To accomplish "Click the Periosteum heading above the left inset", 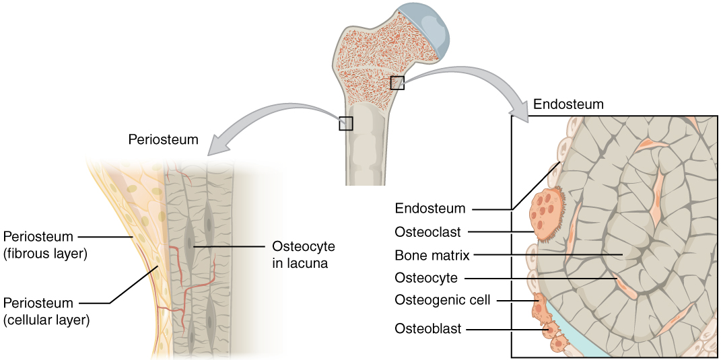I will coord(163,140).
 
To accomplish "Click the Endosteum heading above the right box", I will coord(568,104).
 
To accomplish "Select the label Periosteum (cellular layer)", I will coord(46,311).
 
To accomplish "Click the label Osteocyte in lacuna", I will coord(303,254).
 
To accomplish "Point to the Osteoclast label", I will coord(427,232).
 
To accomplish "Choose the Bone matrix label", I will coord(432,255).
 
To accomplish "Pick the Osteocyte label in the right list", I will coord(426,277).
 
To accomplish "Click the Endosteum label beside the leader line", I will coord(430,209).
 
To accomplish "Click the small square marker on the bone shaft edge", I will coord(345,123).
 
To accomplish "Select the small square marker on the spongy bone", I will coord(397,82).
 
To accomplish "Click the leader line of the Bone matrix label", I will coord(545,255).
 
